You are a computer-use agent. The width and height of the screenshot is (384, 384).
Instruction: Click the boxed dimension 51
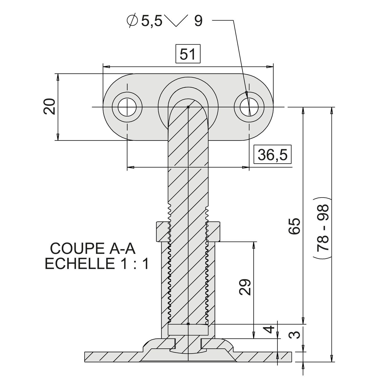click(x=188, y=54)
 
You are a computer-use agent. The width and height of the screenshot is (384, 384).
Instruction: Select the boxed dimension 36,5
click(x=272, y=155)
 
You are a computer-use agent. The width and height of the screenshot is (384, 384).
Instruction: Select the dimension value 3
click(x=296, y=335)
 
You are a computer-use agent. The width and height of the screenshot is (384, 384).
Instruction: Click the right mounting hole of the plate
click(x=249, y=107)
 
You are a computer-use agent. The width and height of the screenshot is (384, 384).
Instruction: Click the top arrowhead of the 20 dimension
click(x=58, y=76)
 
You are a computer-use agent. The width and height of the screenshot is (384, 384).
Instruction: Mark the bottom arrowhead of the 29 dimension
click(x=254, y=336)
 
